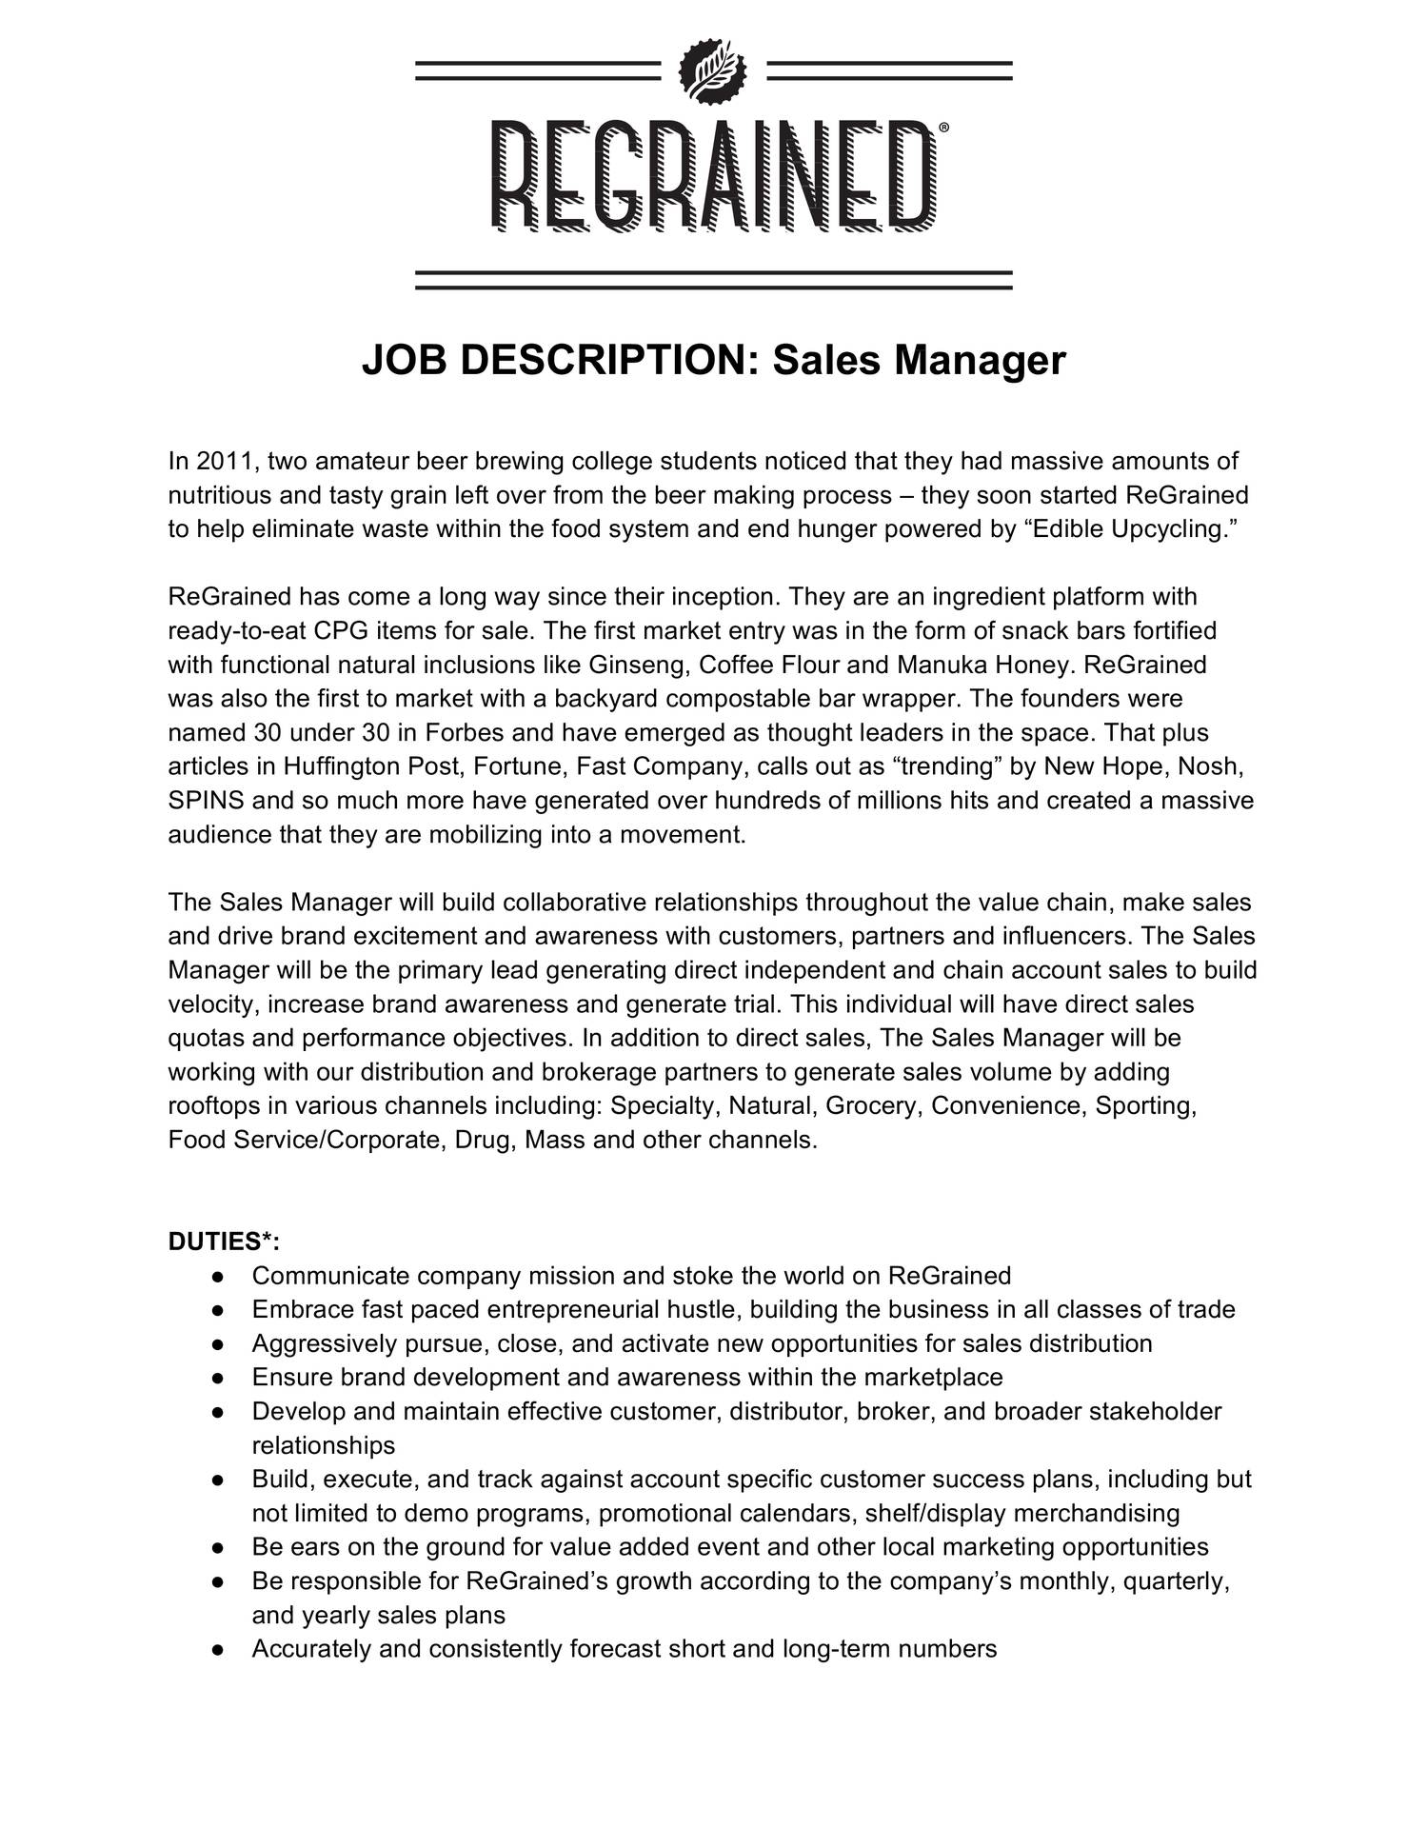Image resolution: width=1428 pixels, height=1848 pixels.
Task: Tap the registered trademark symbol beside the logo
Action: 942,128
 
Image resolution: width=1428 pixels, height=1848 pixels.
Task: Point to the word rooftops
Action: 214,1106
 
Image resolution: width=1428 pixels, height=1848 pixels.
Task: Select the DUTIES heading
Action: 223,1242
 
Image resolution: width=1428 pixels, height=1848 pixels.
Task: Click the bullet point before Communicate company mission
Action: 218,1276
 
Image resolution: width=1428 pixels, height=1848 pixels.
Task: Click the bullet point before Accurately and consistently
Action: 218,1650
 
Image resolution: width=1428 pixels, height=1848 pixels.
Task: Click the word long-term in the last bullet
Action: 834,1650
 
